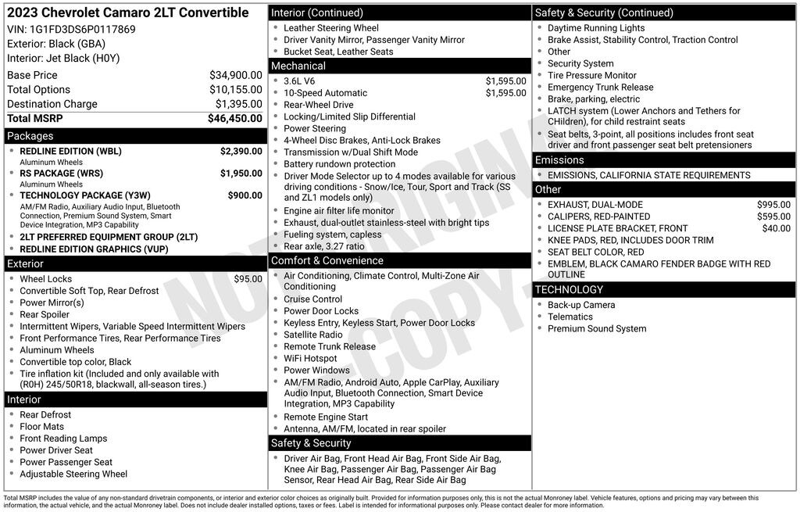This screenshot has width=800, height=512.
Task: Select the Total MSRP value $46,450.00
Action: (234, 119)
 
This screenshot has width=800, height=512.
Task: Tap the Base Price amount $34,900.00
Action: (235, 75)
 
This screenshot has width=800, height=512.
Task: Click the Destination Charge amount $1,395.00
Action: (238, 104)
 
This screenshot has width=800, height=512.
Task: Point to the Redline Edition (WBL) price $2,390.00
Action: (241, 151)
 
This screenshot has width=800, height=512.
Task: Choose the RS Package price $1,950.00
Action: (241, 174)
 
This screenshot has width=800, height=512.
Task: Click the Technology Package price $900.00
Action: (245, 195)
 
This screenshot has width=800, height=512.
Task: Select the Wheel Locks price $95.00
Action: (248, 279)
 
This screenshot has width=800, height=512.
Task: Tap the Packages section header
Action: (30, 136)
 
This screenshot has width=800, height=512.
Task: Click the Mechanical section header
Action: (298, 66)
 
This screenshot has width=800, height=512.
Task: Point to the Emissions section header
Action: (559, 160)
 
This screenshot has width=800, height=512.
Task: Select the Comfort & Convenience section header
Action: (327, 261)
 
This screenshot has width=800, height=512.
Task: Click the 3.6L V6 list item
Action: (299, 81)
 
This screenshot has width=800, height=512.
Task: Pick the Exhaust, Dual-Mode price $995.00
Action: (773, 205)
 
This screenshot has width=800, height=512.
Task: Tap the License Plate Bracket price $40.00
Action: (776, 228)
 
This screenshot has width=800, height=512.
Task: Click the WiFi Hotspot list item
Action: (310, 359)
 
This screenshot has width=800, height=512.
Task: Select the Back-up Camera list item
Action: (581, 305)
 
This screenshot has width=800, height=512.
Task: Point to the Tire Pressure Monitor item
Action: (591, 76)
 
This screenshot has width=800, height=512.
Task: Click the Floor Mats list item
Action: (42, 427)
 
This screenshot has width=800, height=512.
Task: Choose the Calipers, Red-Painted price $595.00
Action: (773, 217)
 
